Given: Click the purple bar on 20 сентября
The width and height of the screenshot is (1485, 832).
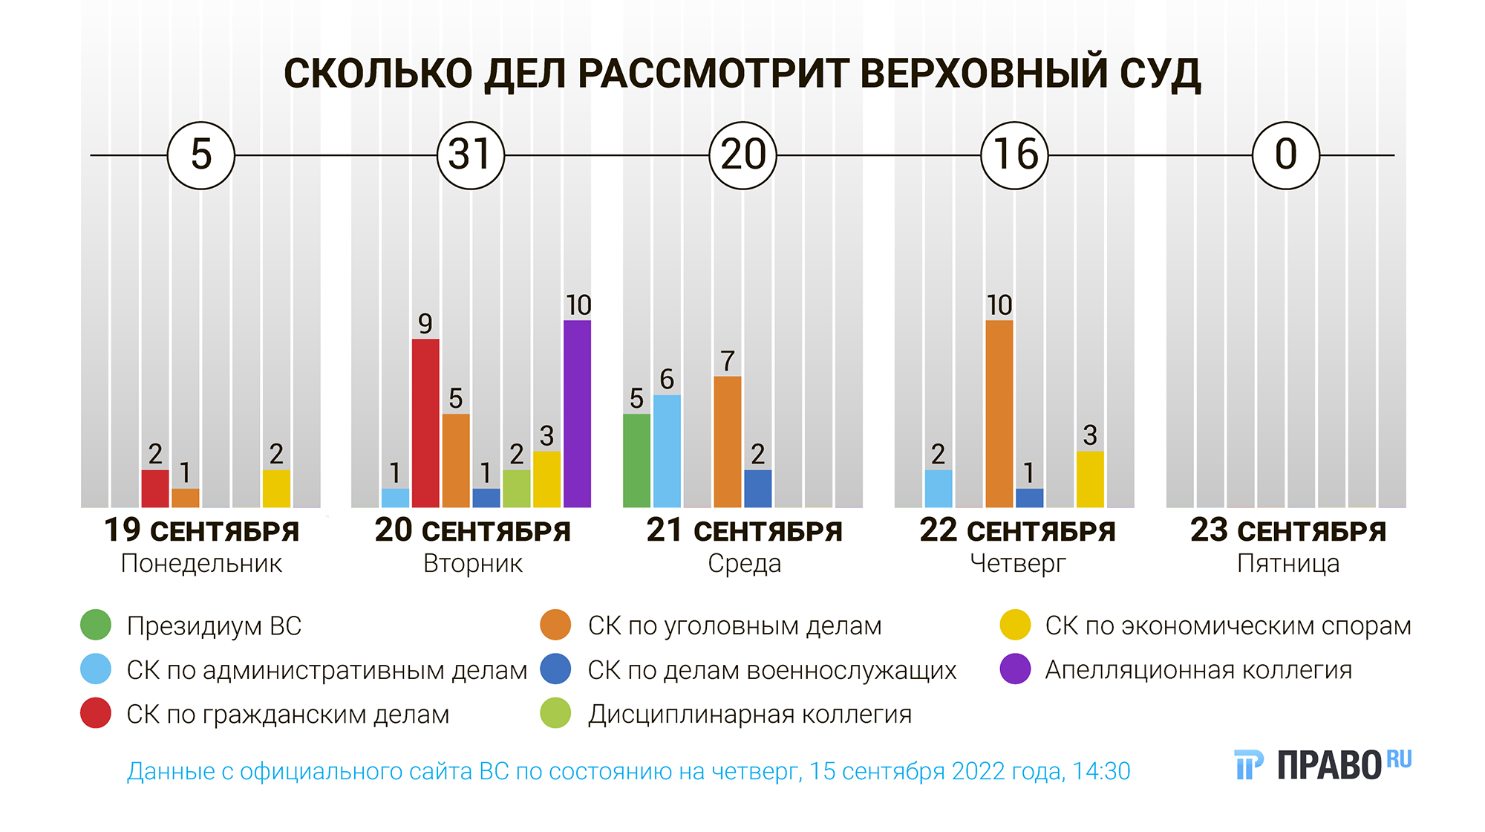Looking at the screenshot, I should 577,414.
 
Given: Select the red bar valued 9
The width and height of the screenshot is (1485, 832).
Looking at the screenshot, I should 425,423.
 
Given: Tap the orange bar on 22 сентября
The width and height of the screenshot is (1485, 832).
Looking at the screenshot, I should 999,414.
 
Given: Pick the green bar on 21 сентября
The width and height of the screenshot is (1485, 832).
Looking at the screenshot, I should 636,461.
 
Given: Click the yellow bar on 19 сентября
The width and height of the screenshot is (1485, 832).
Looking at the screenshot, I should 276,488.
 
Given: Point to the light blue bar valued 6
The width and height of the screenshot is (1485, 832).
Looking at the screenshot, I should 667,451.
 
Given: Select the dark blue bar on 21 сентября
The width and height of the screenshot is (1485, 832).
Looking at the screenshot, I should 757,488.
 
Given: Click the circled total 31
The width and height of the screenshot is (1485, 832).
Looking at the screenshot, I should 471,155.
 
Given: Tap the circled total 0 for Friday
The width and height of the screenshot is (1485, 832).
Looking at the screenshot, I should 1286,155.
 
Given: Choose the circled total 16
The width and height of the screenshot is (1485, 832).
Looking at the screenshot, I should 1014,155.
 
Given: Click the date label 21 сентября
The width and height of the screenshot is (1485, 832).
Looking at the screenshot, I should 744,531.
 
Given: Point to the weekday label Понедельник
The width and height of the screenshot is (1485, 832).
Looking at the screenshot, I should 201,564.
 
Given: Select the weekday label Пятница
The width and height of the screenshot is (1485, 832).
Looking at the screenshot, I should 1288,564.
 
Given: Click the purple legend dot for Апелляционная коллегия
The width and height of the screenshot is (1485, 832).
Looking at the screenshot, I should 1015,669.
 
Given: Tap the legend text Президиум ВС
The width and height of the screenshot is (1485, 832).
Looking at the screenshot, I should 214,626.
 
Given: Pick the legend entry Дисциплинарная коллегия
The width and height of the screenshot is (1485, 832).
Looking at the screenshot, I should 749,715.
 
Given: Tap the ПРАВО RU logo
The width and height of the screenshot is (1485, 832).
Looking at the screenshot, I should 1322,764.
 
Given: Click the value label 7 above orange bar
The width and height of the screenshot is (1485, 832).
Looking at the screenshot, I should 728,362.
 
